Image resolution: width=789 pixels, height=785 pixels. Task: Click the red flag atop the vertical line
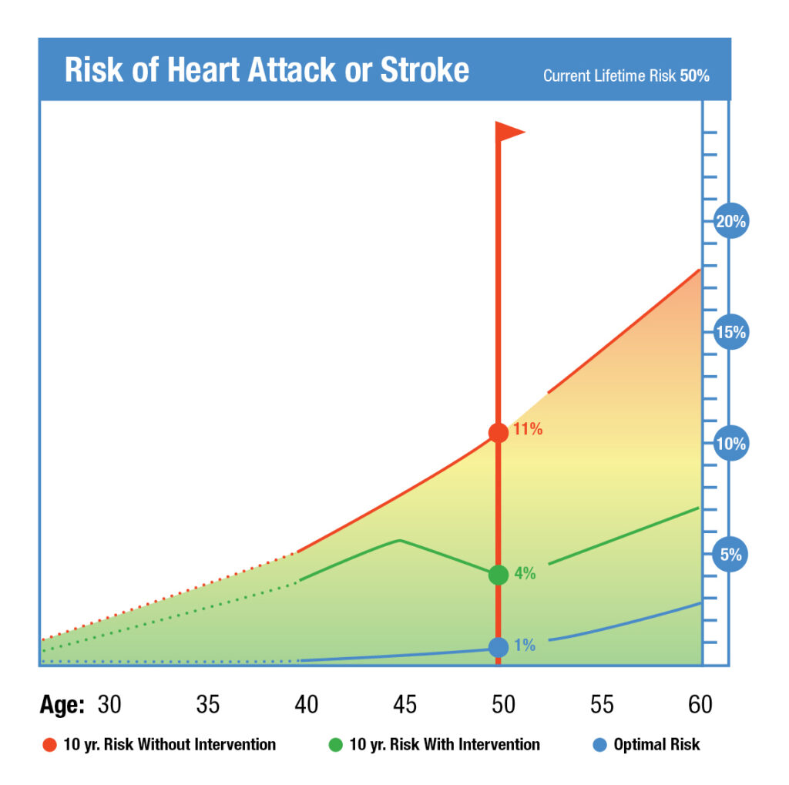[x=509, y=132]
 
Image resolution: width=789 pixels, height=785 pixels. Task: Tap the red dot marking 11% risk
[x=499, y=432]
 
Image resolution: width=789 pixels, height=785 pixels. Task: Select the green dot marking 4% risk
[x=499, y=575]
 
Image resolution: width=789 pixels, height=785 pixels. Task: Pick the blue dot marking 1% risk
[x=499, y=647]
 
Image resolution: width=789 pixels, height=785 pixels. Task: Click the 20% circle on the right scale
[x=730, y=222]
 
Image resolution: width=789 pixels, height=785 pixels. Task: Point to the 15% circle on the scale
[x=730, y=333]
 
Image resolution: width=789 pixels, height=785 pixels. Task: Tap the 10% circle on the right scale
[x=730, y=444]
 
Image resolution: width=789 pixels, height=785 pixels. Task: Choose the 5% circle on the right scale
[x=730, y=555]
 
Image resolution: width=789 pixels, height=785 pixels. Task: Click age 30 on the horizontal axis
[x=109, y=704]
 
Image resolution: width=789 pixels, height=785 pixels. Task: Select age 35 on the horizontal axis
[x=208, y=704]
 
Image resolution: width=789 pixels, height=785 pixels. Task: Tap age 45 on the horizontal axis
[x=405, y=704]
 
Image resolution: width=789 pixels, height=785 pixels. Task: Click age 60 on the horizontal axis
[x=700, y=704]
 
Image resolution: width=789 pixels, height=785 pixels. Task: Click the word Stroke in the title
[x=425, y=70]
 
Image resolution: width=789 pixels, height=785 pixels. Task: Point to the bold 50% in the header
[x=694, y=76]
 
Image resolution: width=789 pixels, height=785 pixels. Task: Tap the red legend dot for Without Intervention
[x=50, y=745]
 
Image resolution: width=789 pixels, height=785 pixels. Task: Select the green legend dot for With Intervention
[x=335, y=745]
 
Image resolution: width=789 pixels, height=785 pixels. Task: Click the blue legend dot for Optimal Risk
[x=600, y=745]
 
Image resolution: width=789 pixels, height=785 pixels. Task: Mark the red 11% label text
[x=529, y=430]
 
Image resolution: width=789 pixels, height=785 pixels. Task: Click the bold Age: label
[x=62, y=704]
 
